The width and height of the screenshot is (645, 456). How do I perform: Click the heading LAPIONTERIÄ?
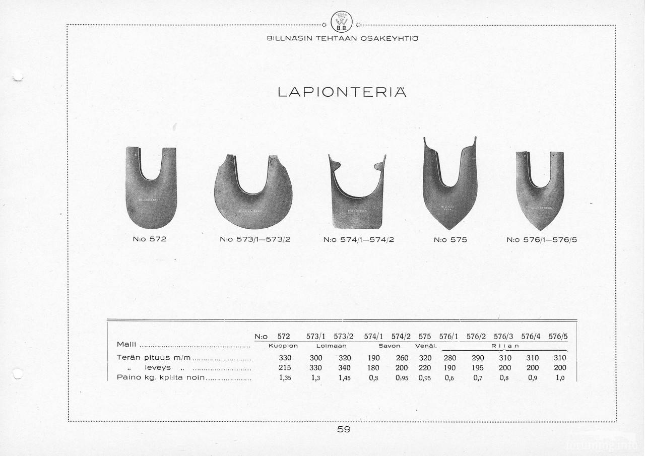pyautogui.click(x=342, y=92)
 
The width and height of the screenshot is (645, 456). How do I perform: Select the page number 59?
pyautogui.click(x=344, y=430)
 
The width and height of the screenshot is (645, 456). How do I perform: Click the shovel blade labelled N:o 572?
pyautogui.click(x=151, y=191)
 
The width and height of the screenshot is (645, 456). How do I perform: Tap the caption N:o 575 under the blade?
pyautogui.click(x=450, y=240)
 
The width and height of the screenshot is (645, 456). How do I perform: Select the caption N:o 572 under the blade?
pyautogui.click(x=150, y=239)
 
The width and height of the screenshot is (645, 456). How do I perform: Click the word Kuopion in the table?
pyautogui.click(x=283, y=346)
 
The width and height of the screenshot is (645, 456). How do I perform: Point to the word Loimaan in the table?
pyautogui.click(x=331, y=346)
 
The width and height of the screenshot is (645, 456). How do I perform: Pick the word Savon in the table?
pyautogui.click(x=390, y=346)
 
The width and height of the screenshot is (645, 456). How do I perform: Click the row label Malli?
pyautogui.click(x=126, y=344)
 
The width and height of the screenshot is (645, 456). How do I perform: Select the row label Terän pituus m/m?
pyautogui.click(x=154, y=358)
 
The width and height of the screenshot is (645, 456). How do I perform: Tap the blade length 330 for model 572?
pyautogui.click(x=285, y=358)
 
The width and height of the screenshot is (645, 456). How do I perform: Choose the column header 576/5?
pyautogui.click(x=558, y=336)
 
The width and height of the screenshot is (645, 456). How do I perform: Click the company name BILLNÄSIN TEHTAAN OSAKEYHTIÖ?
pyautogui.click(x=342, y=39)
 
